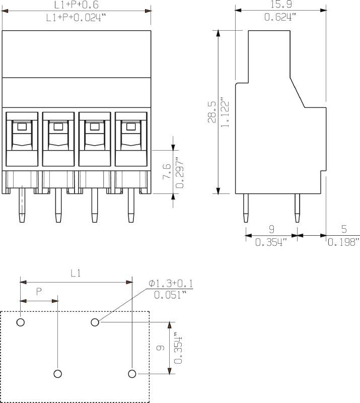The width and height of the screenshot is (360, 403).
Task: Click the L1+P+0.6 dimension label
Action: pyautogui.click(x=77, y=5)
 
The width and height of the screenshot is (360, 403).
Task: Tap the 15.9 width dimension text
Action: pyautogui.click(x=280, y=5)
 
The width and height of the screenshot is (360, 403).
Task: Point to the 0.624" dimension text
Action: pyautogui.click(x=280, y=17)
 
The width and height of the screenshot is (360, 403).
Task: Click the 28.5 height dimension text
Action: pyautogui.click(x=211, y=112)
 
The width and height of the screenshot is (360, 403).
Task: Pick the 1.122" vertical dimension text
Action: pyautogui.click(x=225, y=112)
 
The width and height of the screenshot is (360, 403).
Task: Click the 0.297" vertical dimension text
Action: pyautogui.click(x=179, y=173)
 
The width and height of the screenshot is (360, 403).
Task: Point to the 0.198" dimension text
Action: pyautogui.click(x=343, y=242)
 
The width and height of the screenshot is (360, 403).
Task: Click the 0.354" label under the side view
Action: pyautogui.click(x=271, y=242)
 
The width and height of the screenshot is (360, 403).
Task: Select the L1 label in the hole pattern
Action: pyautogui.click(x=76, y=274)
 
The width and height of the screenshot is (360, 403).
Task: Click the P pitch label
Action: pyautogui.click(x=39, y=292)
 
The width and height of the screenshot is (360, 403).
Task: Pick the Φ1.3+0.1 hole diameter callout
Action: pyautogui.click(x=171, y=284)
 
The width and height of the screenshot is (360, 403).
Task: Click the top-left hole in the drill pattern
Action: pyautogui.click(x=21, y=322)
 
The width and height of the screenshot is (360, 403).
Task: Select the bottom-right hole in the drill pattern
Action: pyautogui.click(x=132, y=373)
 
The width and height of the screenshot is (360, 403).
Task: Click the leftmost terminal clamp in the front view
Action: pyautogui.click(x=22, y=139)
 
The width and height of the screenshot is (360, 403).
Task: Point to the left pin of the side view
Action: pyautogui.click(x=246, y=208)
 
